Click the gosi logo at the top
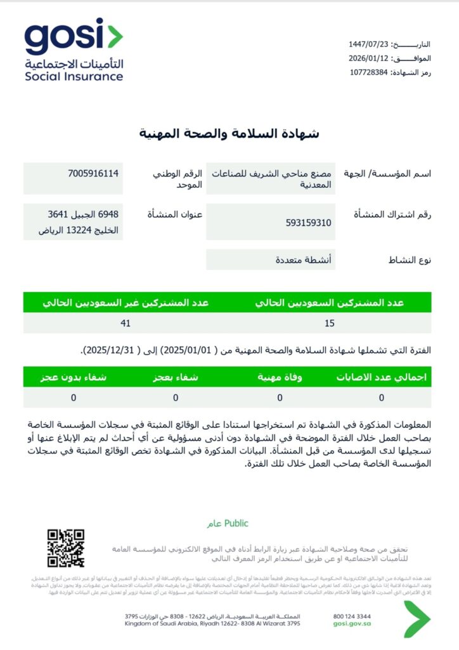(74, 50)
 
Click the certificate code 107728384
(368, 72)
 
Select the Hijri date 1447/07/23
(368, 44)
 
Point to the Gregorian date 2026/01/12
(368, 58)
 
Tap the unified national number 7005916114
(94, 173)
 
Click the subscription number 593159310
(309, 223)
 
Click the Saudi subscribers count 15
(329, 323)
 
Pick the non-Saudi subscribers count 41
(126, 323)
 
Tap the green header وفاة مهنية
(280, 376)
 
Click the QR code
(66, 548)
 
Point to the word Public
(236, 524)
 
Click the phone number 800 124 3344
(352, 616)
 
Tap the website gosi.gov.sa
(352, 624)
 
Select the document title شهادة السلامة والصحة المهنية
(229, 133)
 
